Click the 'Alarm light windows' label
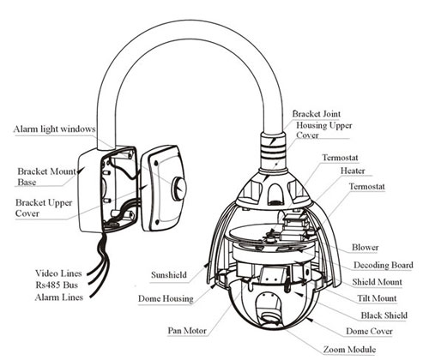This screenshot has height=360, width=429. (54, 129)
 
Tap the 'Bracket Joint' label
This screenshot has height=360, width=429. (317, 114)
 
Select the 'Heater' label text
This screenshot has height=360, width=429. (353, 171)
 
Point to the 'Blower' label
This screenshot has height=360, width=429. (366, 247)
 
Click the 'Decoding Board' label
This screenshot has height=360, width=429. (384, 265)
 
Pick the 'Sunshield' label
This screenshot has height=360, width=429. (169, 275)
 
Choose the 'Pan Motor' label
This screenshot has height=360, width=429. (187, 331)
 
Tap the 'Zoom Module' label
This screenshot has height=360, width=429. (349, 349)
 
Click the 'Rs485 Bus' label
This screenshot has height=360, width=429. (57, 285)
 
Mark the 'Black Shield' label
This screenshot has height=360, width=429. (384, 315)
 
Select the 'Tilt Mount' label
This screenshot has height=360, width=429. (377, 298)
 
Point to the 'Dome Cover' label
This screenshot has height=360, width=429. (369, 331)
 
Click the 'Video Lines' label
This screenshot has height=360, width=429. (58, 273)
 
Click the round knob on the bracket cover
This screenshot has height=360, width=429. (179, 188)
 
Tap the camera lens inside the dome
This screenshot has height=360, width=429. (269, 317)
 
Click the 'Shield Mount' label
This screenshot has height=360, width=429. (377, 282)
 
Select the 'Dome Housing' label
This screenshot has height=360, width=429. (166, 298)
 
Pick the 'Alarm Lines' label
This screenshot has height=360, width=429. (59, 297)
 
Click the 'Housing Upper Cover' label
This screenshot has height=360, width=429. (324, 130)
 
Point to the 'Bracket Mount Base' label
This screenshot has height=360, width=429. (47, 177)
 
